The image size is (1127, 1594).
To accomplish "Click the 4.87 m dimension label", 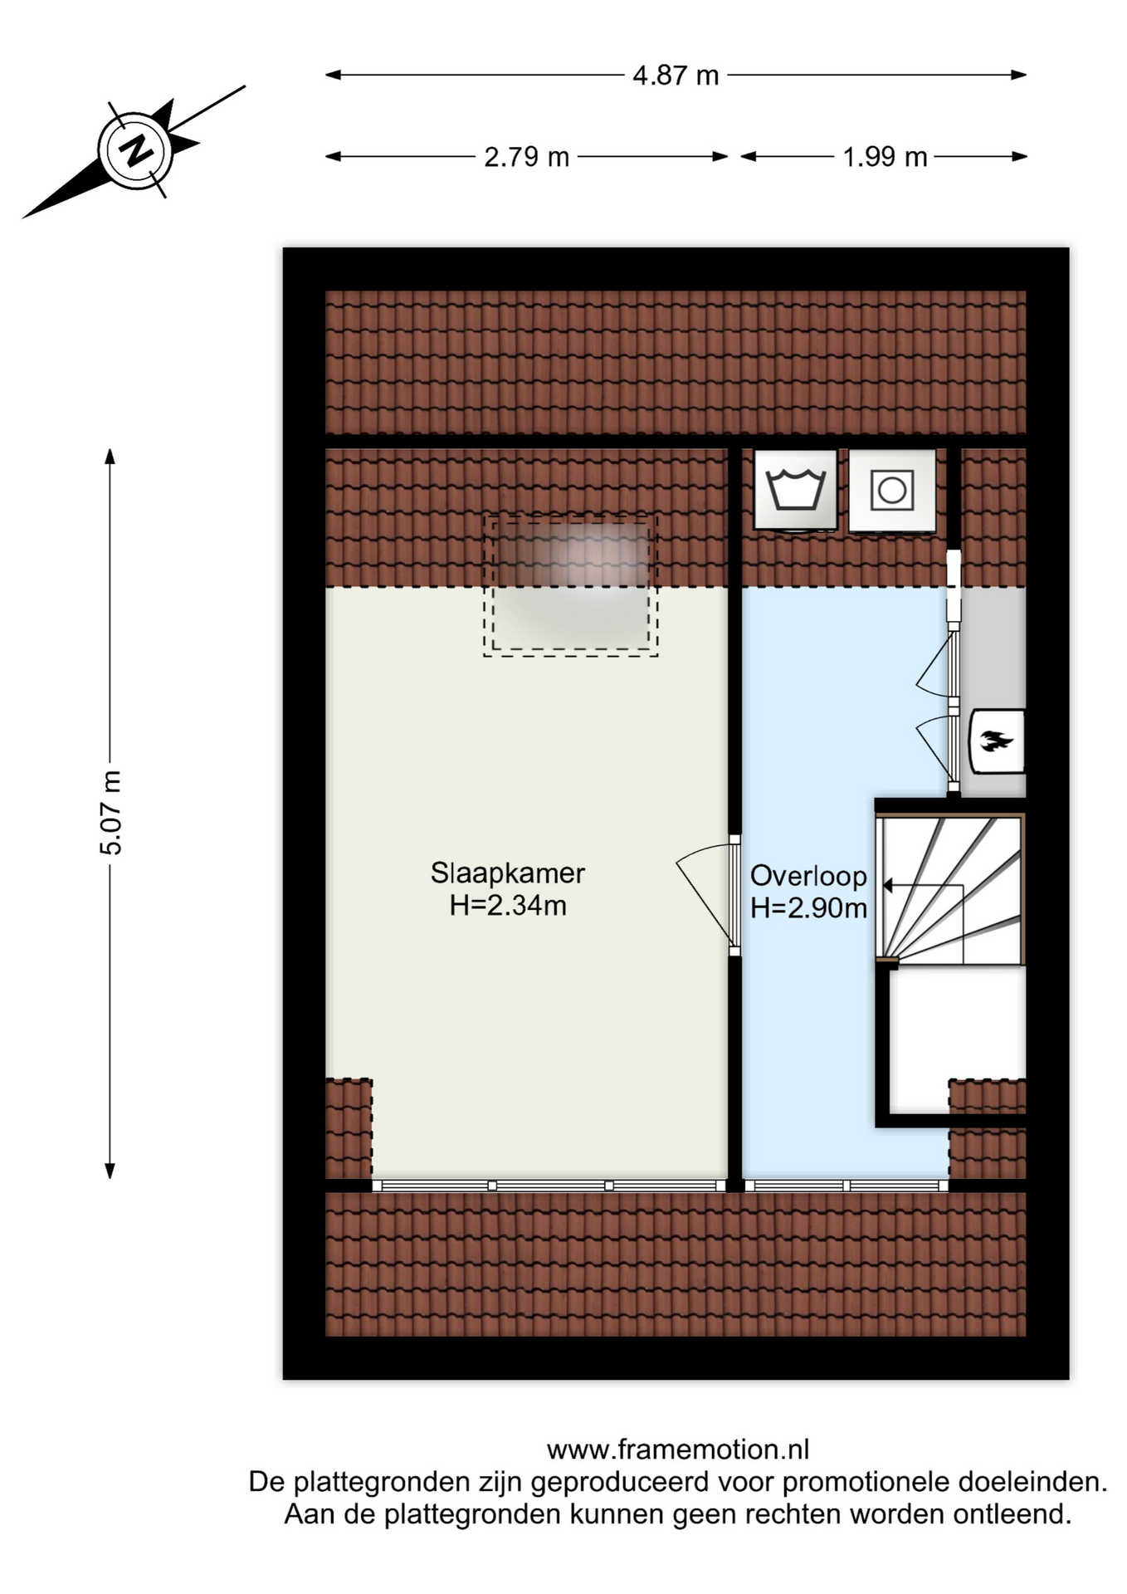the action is [x=676, y=76].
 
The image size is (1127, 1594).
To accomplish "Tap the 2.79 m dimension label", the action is [x=527, y=157].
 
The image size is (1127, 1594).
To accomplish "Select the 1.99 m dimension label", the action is [x=885, y=157].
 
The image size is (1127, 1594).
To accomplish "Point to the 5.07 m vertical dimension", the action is [x=110, y=813].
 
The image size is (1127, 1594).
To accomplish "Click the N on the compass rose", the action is [x=135, y=150].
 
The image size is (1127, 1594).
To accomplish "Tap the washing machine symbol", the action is [x=795, y=490].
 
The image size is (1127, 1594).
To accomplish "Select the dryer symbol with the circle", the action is [x=892, y=490].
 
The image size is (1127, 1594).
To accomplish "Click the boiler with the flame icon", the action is [x=998, y=741].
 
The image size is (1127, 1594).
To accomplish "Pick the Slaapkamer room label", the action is [x=508, y=873].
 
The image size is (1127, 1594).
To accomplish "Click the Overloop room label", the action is [x=808, y=876].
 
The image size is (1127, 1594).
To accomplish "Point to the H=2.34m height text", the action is [x=508, y=905].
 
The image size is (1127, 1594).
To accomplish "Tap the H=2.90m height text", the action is [x=808, y=908].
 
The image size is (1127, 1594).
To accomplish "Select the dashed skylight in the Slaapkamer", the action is [x=571, y=585].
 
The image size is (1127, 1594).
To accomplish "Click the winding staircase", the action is [x=951, y=889].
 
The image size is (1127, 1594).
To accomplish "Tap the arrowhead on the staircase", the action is [x=887, y=886].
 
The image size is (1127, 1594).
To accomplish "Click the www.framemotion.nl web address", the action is [x=678, y=1450].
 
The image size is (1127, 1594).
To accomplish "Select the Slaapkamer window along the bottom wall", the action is [x=549, y=1186].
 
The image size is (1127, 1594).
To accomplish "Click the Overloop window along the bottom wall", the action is [x=846, y=1186].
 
